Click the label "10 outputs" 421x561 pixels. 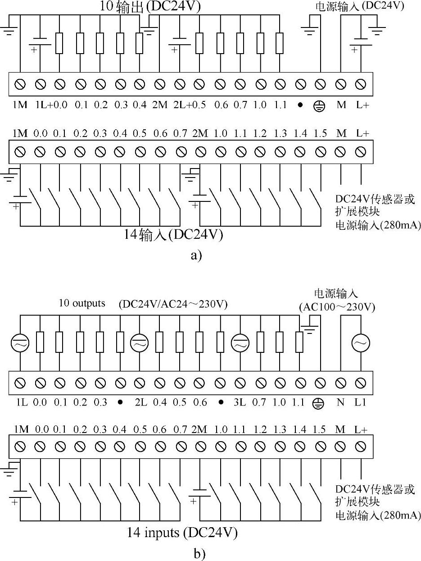tap(82, 303)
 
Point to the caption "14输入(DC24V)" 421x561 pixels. tap(174, 235)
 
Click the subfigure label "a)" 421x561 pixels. tap(196, 255)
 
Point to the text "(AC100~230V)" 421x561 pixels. tap(337, 307)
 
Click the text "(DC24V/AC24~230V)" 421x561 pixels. tap(173, 305)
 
